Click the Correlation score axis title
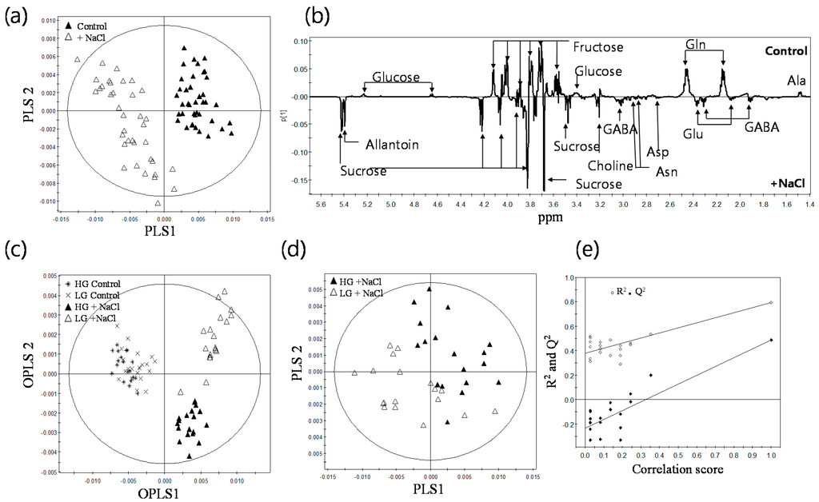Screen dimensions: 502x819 pyautogui.click(x=681, y=469)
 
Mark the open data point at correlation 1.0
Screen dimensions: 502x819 pyautogui.click(x=771, y=302)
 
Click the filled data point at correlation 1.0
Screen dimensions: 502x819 pyautogui.click(x=771, y=341)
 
